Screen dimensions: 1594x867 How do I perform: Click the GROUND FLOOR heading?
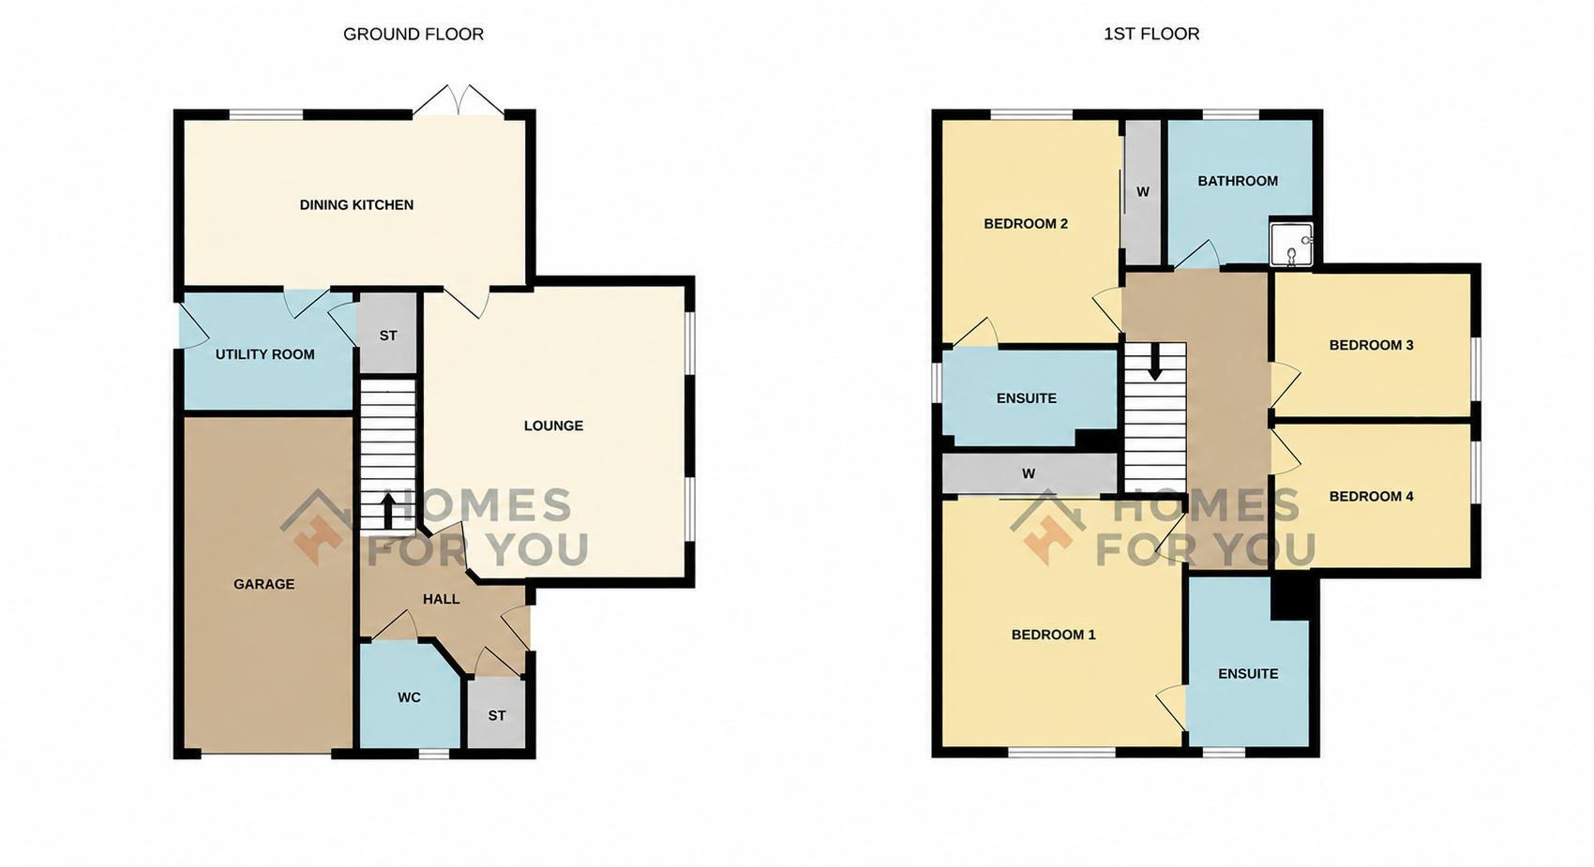tap(414, 34)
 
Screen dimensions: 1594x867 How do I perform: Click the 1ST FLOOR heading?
tap(1151, 34)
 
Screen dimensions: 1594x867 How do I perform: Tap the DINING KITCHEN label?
tap(356, 205)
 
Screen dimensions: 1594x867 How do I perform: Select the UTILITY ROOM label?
tap(264, 354)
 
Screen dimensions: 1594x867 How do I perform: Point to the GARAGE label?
tap(264, 584)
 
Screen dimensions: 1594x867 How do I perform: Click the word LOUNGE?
tap(553, 426)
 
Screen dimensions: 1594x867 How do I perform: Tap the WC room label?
tap(409, 697)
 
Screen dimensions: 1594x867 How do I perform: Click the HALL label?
tap(442, 599)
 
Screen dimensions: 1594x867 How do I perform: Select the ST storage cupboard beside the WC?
tap(497, 712)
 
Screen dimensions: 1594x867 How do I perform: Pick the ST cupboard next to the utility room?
tap(388, 333)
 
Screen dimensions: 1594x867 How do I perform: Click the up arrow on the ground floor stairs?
tap(388, 512)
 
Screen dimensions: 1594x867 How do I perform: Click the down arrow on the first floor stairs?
tap(1155, 362)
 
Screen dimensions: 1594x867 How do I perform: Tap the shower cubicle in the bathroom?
tap(1291, 245)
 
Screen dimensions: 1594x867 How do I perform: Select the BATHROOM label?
tap(1238, 181)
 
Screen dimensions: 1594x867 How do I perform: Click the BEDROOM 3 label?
tap(1371, 346)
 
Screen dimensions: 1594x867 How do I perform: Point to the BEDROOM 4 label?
tap(1371, 497)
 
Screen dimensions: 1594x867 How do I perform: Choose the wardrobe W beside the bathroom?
tap(1143, 192)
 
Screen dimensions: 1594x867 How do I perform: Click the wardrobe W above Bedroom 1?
tap(1029, 473)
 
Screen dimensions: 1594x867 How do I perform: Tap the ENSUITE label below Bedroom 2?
tap(1026, 398)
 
